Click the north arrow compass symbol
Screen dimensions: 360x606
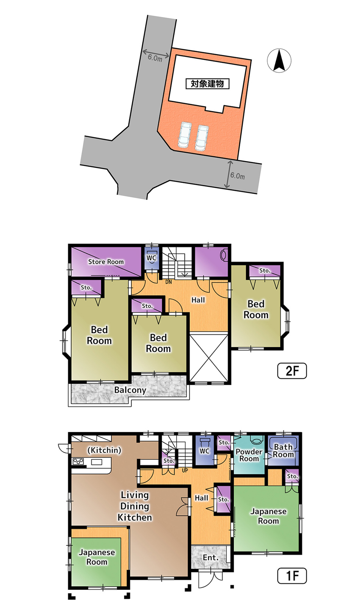click(x=279, y=60)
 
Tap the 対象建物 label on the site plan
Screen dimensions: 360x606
click(x=207, y=84)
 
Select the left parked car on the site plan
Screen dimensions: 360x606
click(x=185, y=135)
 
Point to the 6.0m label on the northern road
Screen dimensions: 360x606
click(x=155, y=58)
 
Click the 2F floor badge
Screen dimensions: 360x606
click(x=292, y=371)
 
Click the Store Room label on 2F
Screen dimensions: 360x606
click(x=106, y=262)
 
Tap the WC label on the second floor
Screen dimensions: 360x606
click(x=152, y=258)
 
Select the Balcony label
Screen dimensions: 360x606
click(x=130, y=390)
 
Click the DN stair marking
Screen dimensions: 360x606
click(x=168, y=282)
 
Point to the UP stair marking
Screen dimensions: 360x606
click(x=185, y=470)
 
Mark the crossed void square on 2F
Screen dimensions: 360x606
click(x=209, y=358)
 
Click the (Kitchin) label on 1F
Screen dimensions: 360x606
click(x=104, y=450)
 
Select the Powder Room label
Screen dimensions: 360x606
click(x=249, y=455)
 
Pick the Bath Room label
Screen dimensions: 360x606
click(x=283, y=451)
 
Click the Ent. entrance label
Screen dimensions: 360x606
click(x=211, y=557)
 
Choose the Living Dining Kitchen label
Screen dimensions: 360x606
click(x=135, y=506)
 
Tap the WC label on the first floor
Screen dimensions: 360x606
click(x=204, y=451)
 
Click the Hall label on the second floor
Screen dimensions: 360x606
click(x=198, y=300)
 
